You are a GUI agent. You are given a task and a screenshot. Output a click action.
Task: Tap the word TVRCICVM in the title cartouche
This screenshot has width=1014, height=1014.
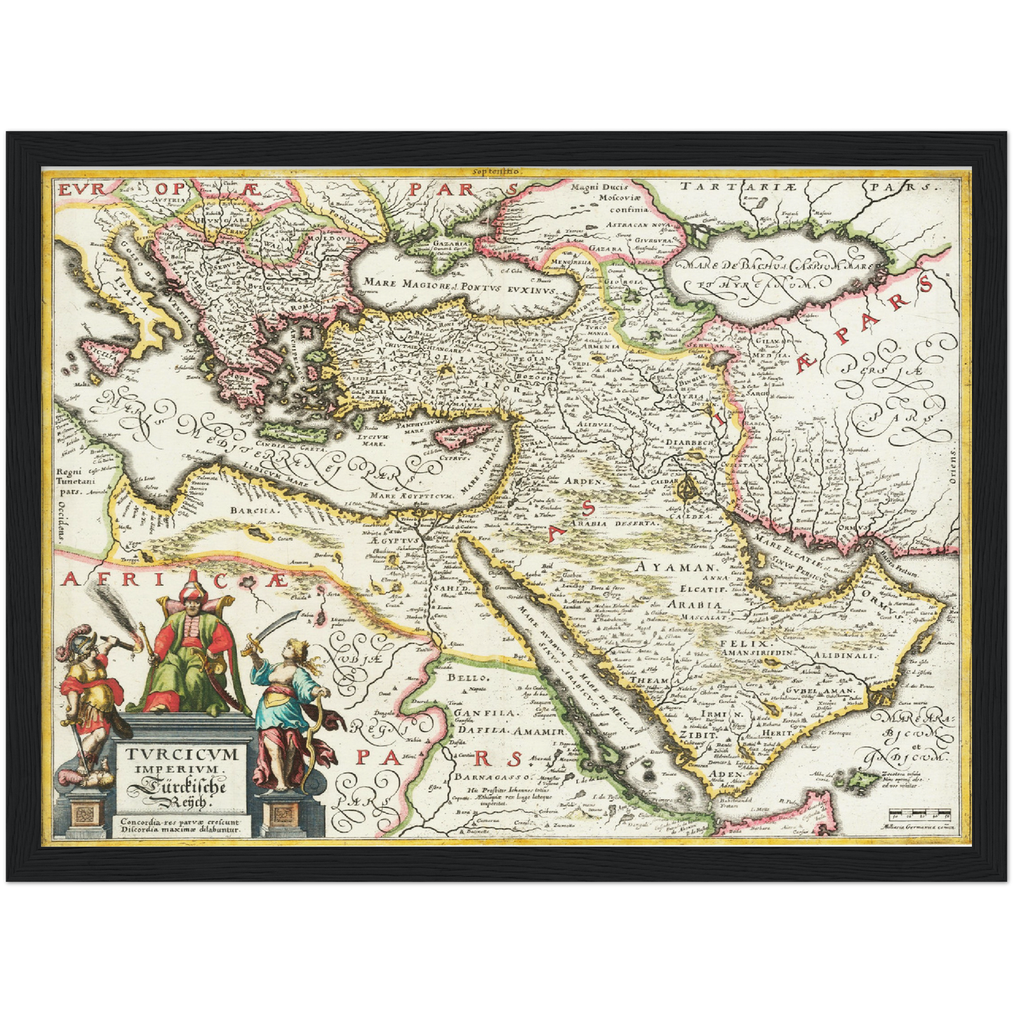coord(182,755)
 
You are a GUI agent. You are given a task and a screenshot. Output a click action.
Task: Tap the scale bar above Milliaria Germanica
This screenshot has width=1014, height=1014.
coord(919,815)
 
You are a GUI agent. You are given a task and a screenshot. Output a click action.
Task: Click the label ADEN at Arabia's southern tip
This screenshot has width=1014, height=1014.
coord(724,774)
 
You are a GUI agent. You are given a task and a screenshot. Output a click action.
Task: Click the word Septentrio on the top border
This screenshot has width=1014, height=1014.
coord(495,171)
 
